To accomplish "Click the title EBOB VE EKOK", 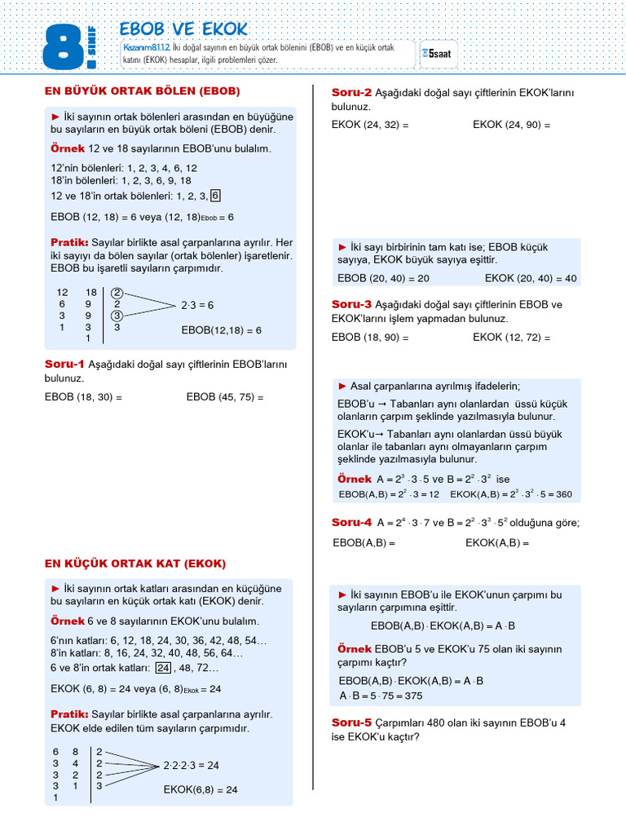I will [183, 28].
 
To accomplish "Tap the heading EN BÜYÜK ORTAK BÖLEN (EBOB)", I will [142, 91].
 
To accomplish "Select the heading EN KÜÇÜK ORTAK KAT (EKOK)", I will [134, 563].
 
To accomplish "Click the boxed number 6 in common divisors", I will [215, 196].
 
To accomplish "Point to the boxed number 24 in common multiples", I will [163, 668].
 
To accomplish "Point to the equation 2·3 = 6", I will [196, 305].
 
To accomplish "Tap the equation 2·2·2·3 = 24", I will [191, 766].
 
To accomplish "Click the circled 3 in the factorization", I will [117, 316].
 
